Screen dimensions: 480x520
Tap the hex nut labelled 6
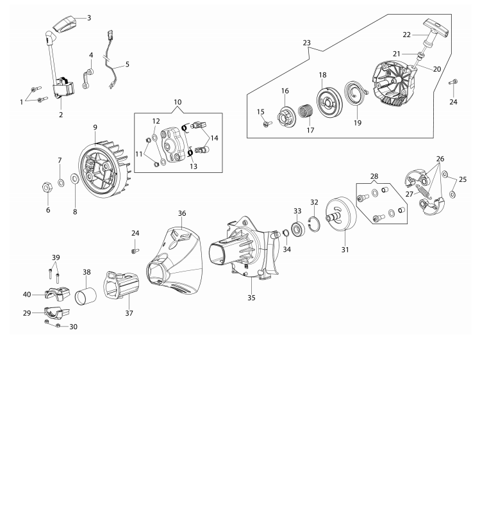point(47,188)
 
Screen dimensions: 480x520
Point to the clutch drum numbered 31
point(340,214)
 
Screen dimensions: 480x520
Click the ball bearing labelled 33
point(297,229)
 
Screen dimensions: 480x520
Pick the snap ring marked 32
point(313,224)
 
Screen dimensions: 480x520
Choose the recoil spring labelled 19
point(356,95)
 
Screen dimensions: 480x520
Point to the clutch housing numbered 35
point(244,249)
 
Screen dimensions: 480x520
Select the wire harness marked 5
point(112,60)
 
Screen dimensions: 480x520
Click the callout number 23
point(307,43)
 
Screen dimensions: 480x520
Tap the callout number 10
point(178,102)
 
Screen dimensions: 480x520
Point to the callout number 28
point(374,176)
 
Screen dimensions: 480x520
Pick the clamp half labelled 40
point(58,294)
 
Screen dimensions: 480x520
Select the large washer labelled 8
point(75,179)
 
